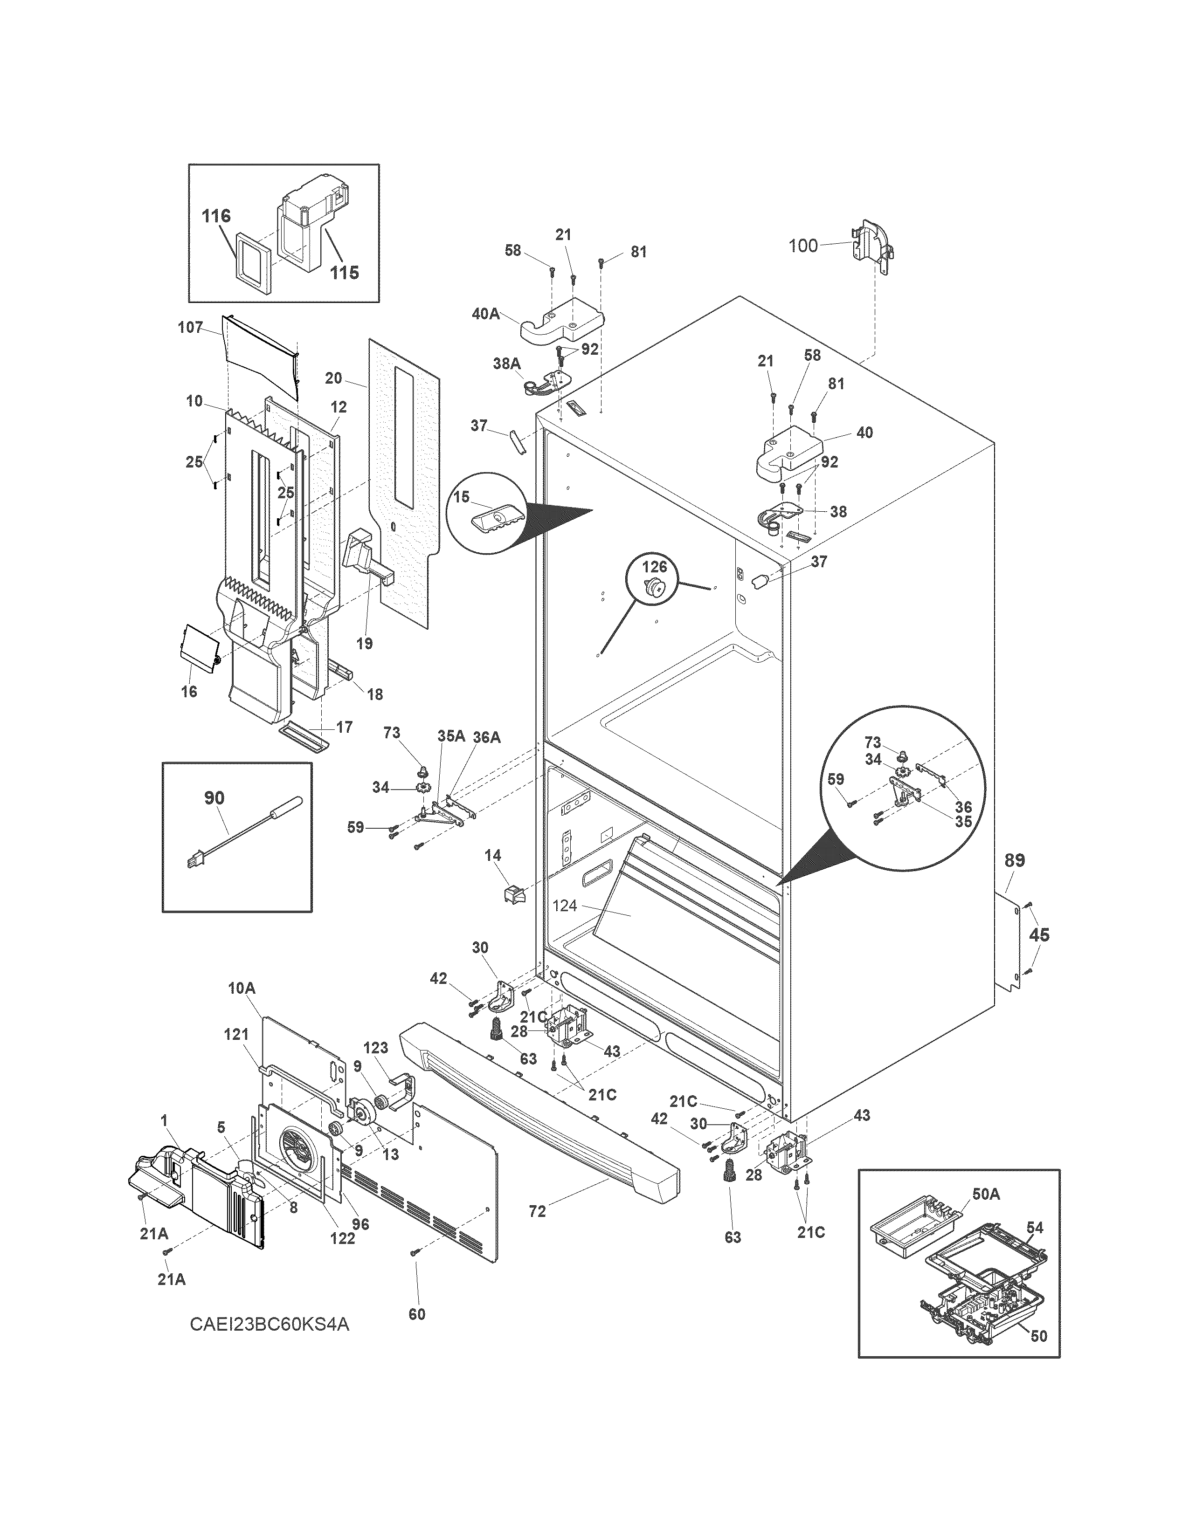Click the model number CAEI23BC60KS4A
[x=269, y=1325]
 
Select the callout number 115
[x=345, y=272]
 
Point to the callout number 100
[x=803, y=245]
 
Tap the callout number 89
[x=1014, y=860]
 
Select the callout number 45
[x=1039, y=934]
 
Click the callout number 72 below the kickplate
[x=538, y=1212]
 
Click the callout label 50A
[x=986, y=1194]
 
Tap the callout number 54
[x=1034, y=1228]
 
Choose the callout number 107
[x=190, y=328]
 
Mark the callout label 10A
[x=241, y=989]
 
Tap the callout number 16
[x=189, y=692]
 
